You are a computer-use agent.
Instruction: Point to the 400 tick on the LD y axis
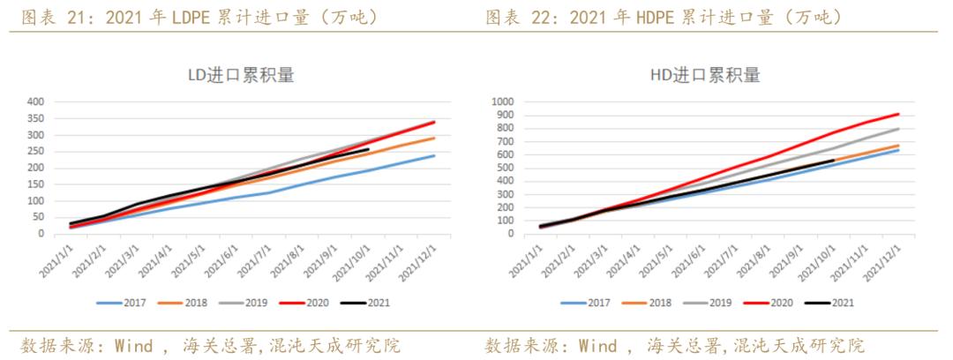[x=35, y=101]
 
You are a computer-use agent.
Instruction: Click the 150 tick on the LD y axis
[x=35, y=184]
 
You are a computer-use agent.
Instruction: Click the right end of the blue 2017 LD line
[x=435, y=155]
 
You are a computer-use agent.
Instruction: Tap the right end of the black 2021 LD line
[x=368, y=149]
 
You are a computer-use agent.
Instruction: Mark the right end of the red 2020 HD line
[x=899, y=114]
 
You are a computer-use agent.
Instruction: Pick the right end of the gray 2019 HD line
[x=899, y=129]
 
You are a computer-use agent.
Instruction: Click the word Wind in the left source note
[x=135, y=345]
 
